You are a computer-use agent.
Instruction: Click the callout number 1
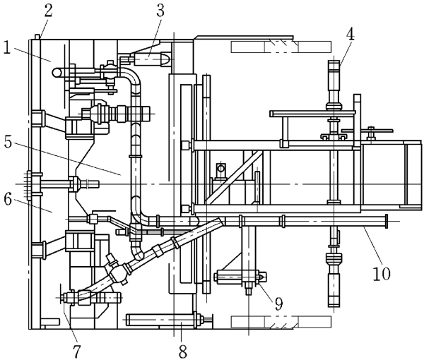pyautogui.click(x=7, y=48)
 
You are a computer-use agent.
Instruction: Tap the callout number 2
pyautogui.click(x=48, y=11)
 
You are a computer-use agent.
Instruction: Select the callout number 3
pyautogui.click(x=160, y=11)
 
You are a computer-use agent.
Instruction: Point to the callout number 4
pyautogui.click(x=351, y=35)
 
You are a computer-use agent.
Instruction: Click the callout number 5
pyautogui.click(x=8, y=143)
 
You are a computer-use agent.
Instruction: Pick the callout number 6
pyautogui.click(x=8, y=200)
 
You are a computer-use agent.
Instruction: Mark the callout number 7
pyautogui.click(x=76, y=352)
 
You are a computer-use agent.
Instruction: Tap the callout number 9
pyautogui.click(x=278, y=304)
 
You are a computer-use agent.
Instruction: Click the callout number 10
pyautogui.click(x=382, y=273)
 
